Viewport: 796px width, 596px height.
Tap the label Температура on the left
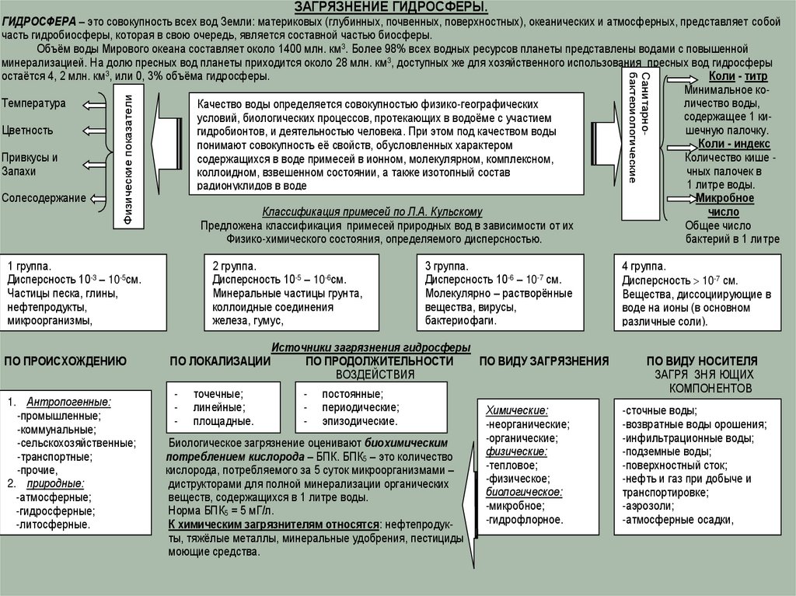point(34,103)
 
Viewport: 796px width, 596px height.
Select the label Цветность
point(28,130)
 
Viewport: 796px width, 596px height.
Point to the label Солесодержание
point(44,198)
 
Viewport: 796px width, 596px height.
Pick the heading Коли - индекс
point(734,144)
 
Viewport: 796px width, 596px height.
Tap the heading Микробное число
point(724,204)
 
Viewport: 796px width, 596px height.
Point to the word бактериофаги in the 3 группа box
point(461,319)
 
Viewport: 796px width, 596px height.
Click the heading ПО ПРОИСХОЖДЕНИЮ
point(65,361)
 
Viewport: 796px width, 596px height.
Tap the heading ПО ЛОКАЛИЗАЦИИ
point(220,361)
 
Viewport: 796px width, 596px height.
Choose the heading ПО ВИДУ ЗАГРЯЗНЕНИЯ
point(543,361)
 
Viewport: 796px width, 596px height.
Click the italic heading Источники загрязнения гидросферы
point(371,348)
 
